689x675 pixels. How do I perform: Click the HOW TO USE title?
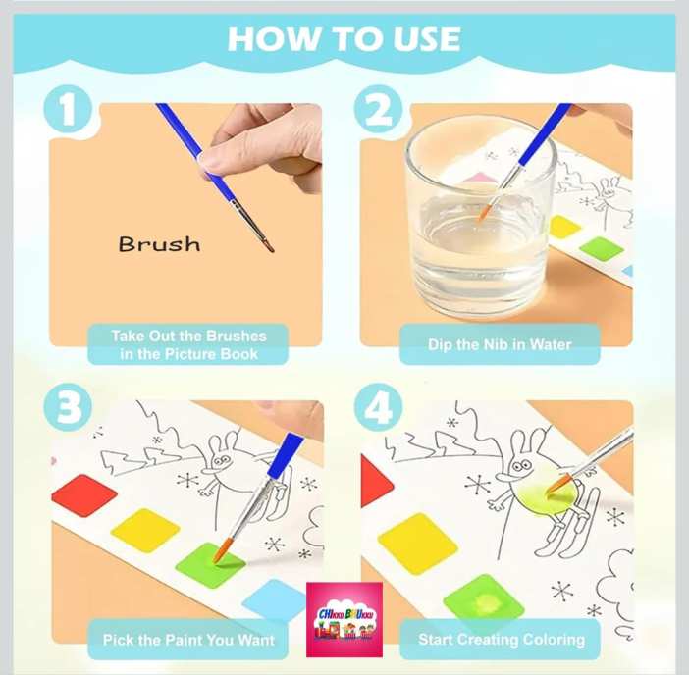pyautogui.click(x=344, y=39)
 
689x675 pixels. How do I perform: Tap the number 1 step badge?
pyautogui.click(x=68, y=110)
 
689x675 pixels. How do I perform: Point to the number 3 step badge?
pyautogui.click(x=68, y=407)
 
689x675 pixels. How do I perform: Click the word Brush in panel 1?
pyautogui.click(x=159, y=244)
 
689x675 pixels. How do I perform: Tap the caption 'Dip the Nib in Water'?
pyautogui.click(x=500, y=344)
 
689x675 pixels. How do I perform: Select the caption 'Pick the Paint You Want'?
pyautogui.click(x=188, y=640)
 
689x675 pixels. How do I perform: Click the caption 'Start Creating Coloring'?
pyautogui.click(x=502, y=640)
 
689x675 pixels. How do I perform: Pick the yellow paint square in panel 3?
pyautogui.click(x=145, y=530)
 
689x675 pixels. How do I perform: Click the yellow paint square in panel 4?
pyautogui.click(x=417, y=544)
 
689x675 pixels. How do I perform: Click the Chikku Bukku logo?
pyautogui.click(x=344, y=619)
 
